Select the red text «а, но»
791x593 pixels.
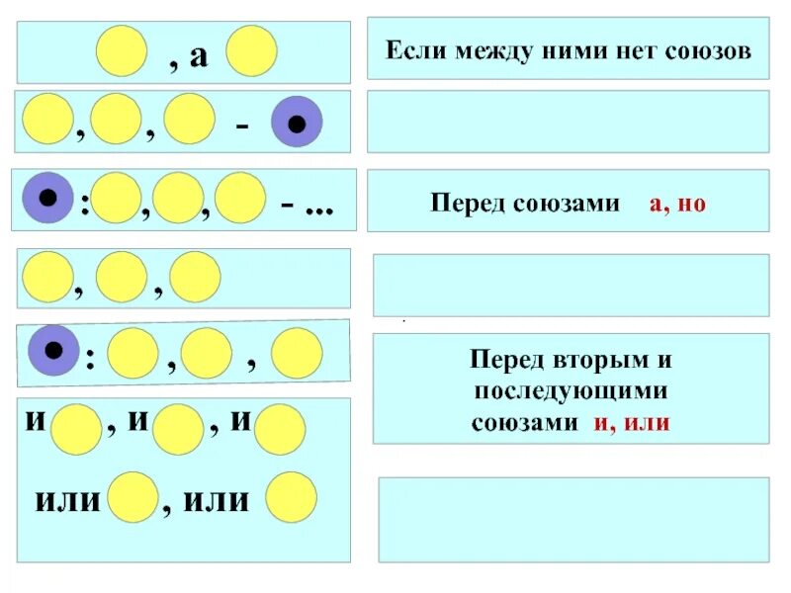677,205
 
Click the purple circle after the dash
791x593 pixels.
297,123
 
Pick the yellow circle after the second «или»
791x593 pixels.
292,497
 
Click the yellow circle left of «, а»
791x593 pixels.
123,51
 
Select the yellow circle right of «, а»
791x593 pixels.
251,51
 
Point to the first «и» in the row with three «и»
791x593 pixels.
36,422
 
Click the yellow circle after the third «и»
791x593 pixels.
280,429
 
